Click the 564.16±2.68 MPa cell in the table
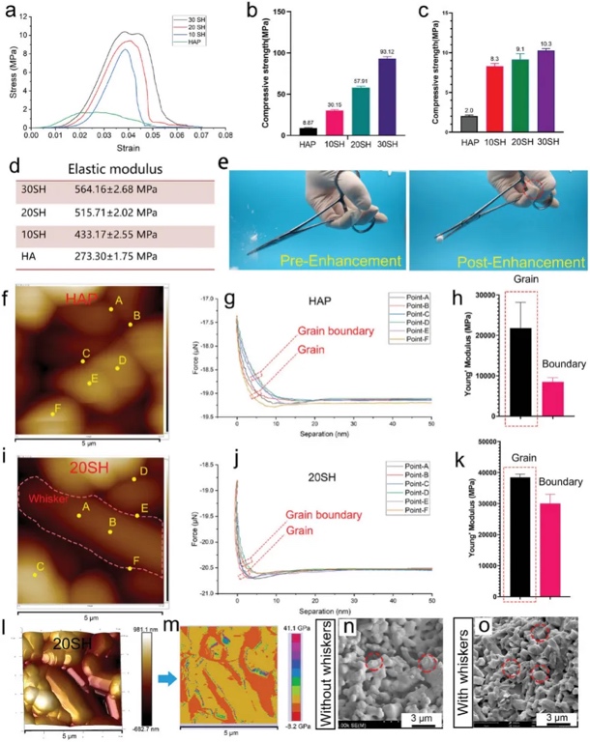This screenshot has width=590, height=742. coord(116,188)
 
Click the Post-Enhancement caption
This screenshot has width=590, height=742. coord(501,260)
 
